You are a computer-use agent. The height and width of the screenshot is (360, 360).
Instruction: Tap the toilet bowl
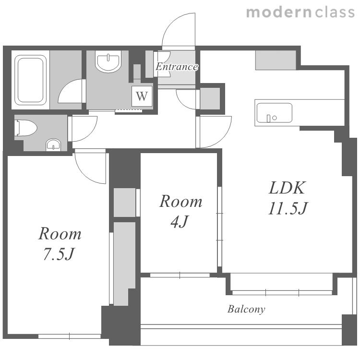click(26, 128)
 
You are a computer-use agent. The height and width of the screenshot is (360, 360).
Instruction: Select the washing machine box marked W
click(142, 96)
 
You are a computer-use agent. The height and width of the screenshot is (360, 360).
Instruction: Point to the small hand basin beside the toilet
click(53, 145)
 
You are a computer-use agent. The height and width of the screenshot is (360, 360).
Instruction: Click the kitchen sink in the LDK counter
click(275, 113)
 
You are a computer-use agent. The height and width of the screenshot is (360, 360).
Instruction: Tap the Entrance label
click(177, 67)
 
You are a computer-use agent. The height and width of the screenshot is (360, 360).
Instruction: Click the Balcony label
click(246, 309)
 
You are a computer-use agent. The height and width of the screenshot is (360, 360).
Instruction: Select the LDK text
click(287, 188)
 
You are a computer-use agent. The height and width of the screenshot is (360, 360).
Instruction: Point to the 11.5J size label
click(288, 208)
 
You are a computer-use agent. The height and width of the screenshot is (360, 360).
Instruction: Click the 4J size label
click(180, 222)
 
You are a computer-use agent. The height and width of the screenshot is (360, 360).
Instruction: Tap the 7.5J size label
click(59, 254)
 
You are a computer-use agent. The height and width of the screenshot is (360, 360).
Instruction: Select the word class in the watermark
click(335, 12)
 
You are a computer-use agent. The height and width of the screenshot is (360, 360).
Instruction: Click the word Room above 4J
click(180, 201)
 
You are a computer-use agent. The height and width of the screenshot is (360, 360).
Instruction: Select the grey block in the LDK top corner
click(276, 60)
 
